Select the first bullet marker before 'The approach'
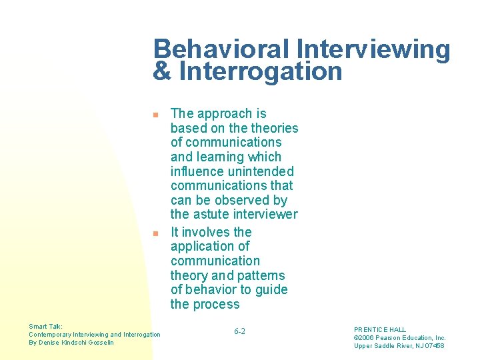click(155, 115)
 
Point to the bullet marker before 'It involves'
click(155, 233)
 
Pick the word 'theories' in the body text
click(273, 128)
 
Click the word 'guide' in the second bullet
click(271, 290)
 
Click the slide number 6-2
click(240, 331)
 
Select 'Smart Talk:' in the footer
click(46, 327)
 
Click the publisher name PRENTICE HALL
click(380, 330)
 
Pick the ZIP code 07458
click(434, 346)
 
